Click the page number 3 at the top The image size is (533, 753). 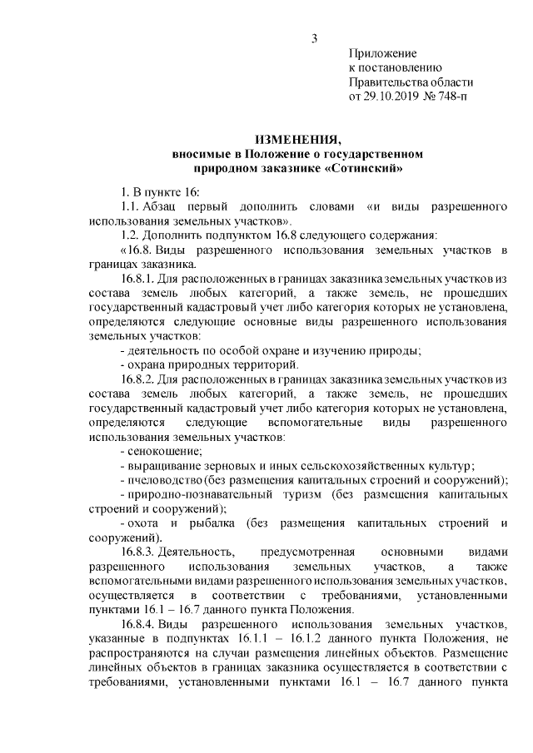(x=315, y=38)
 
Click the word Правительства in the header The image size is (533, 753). (x=386, y=82)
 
